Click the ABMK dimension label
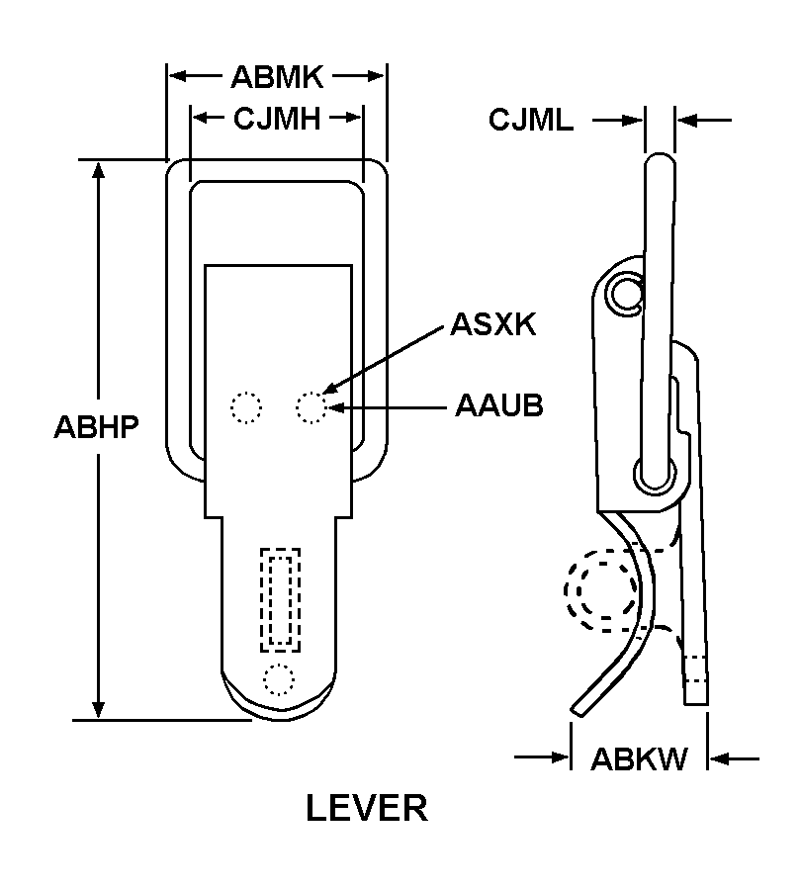click(x=277, y=76)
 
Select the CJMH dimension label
click(x=277, y=120)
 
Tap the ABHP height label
click(x=95, y=428)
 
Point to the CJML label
click(x=530, y=121)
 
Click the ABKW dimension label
click(x=639, y=759)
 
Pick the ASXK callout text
click(x=492, y=324)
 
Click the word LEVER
click(x=366, y=808)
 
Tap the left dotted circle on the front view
click(x=245, y=407)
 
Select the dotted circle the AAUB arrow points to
click(x=311, y=407)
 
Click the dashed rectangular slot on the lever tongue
click(x=279, y=599)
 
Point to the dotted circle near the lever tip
click(x=279, y=679)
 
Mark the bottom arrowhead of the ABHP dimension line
click(x=99, y=711)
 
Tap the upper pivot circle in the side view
click(x=625, y=291)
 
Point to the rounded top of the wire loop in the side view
click(x=661, y=158)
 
